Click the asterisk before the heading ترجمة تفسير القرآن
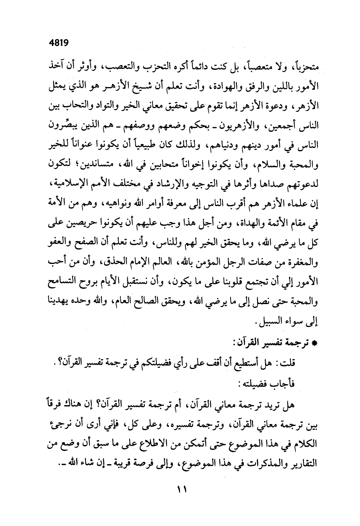pos(315,343)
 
